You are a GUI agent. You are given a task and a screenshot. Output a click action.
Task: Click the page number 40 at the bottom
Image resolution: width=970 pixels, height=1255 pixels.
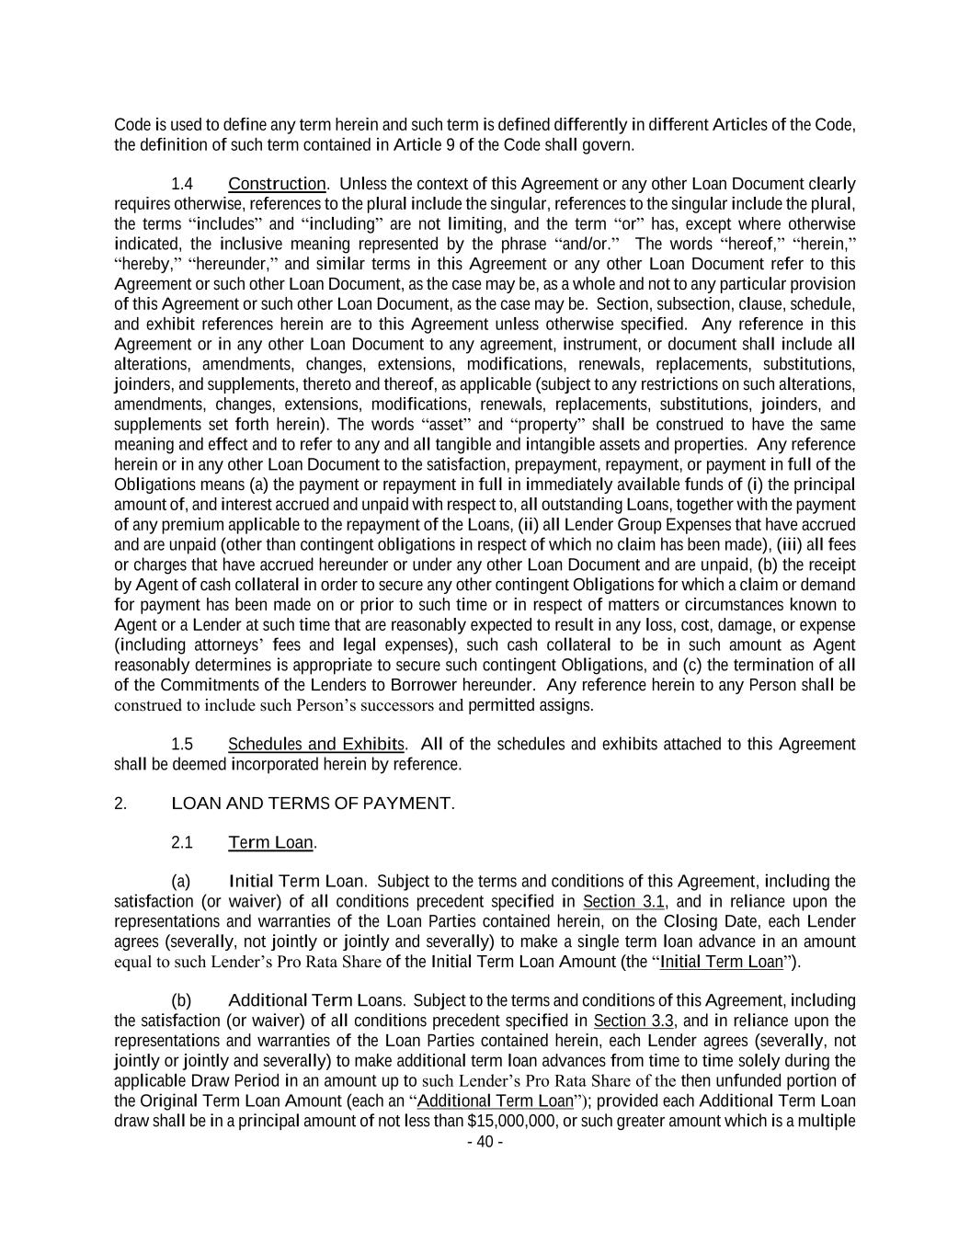[485, 1142]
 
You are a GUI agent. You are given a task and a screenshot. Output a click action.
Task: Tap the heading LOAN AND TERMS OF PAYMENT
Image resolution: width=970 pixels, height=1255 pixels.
[313, 804]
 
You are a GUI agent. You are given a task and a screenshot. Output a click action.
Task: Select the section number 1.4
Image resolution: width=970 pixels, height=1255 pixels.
[182, 184]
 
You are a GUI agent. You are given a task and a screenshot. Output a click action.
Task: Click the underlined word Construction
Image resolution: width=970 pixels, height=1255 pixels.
[277, 184]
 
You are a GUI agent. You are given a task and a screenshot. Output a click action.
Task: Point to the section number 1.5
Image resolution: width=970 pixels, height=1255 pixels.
[182, 744]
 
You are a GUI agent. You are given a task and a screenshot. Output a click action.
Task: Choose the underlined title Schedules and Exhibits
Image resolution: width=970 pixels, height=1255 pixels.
[315, 744]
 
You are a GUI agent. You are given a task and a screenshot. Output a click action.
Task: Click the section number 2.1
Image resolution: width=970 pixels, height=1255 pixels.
[182, 842]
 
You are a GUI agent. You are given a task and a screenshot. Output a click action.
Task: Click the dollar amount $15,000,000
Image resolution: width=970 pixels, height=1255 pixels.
[508, 1121]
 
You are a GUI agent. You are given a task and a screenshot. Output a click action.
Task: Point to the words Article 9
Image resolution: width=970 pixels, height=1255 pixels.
[418, 145]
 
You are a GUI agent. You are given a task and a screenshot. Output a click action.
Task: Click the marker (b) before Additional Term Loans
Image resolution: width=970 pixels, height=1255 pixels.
[181, 1000]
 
